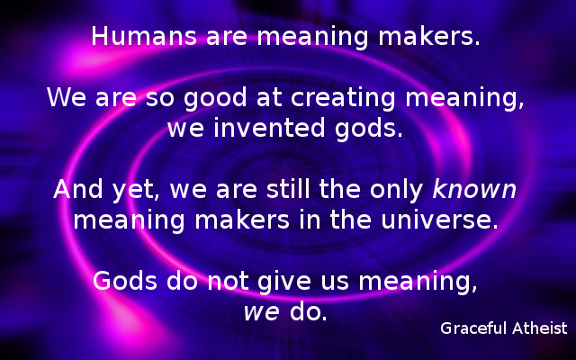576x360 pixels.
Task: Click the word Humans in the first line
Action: pos(136,38)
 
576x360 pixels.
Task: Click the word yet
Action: pos(127,191)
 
